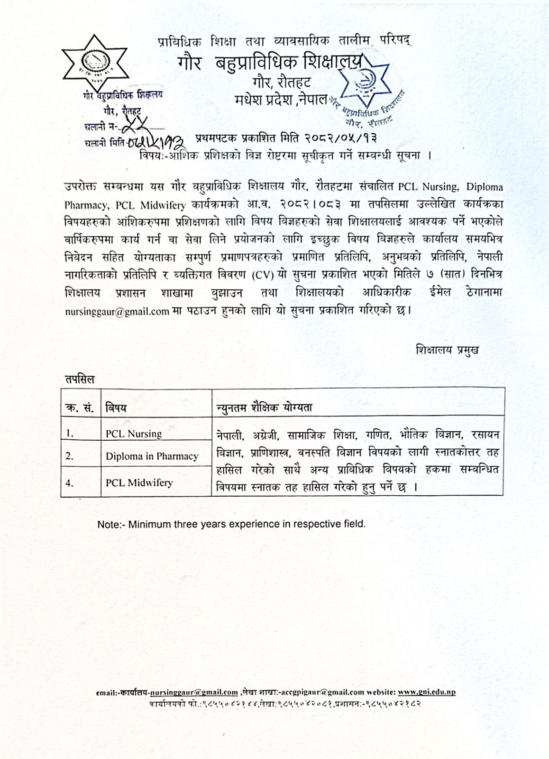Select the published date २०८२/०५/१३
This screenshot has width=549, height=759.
click(x=335, y=139)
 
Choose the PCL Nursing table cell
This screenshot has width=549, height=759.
click(x=133, y=434)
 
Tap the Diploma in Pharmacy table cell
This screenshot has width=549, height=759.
click(x=152, y=456)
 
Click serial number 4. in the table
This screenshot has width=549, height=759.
click(x=70, y=483)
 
